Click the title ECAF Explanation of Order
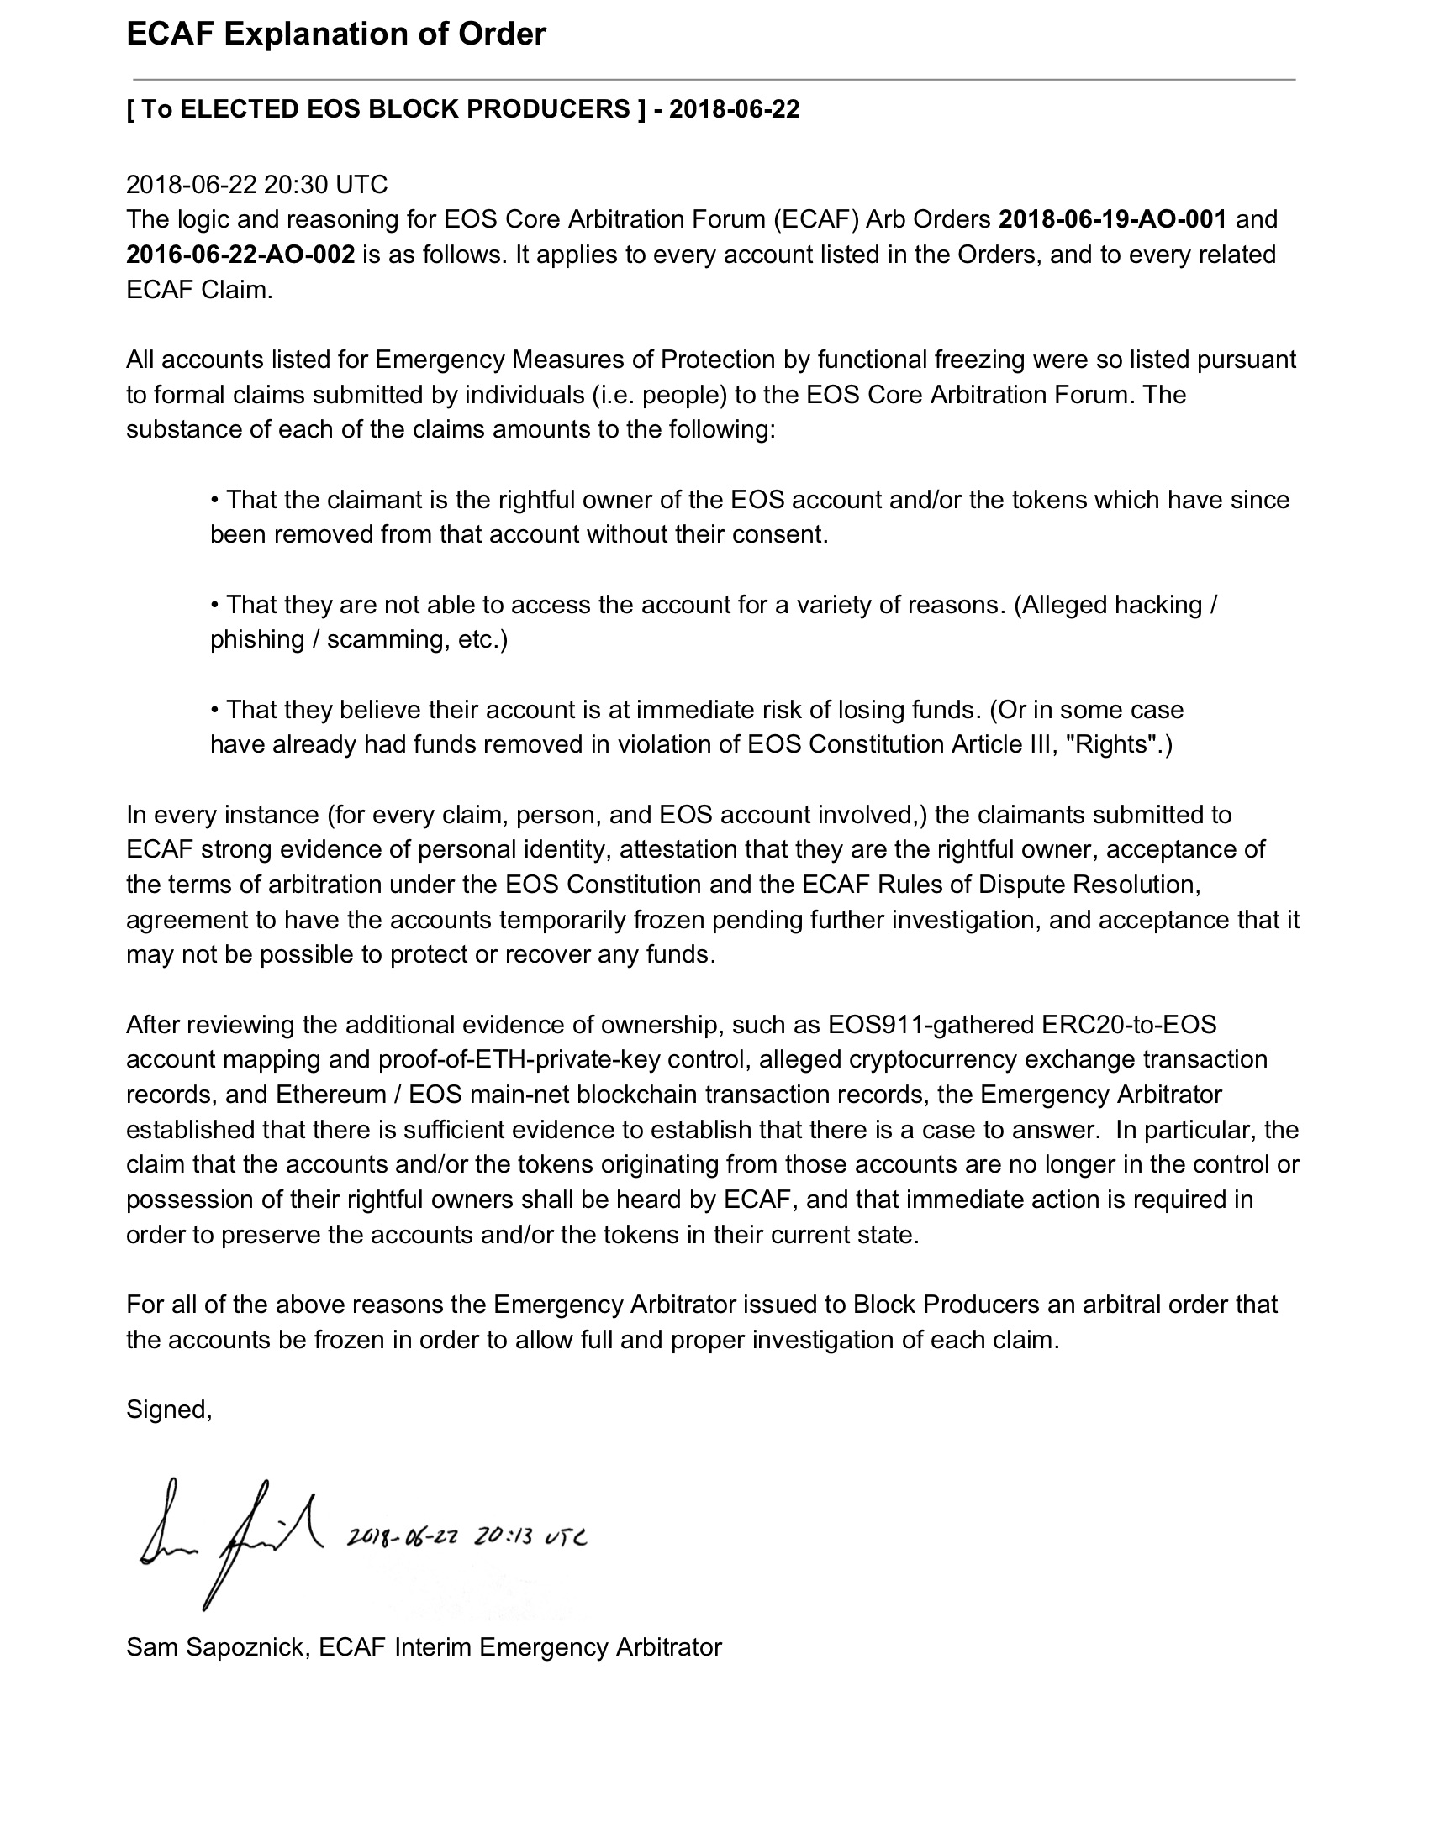(x=336, y=34)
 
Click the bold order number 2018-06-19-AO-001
(x=1112, y=219)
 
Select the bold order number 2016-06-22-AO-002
(x=240, y=255)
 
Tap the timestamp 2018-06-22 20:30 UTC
(x=256, y=185)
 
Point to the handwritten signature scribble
(x=229, y=1542)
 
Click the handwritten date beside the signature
(x=467, y=1536)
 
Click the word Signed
(x=166, y=1409)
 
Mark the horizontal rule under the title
(x=710, y=80)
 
